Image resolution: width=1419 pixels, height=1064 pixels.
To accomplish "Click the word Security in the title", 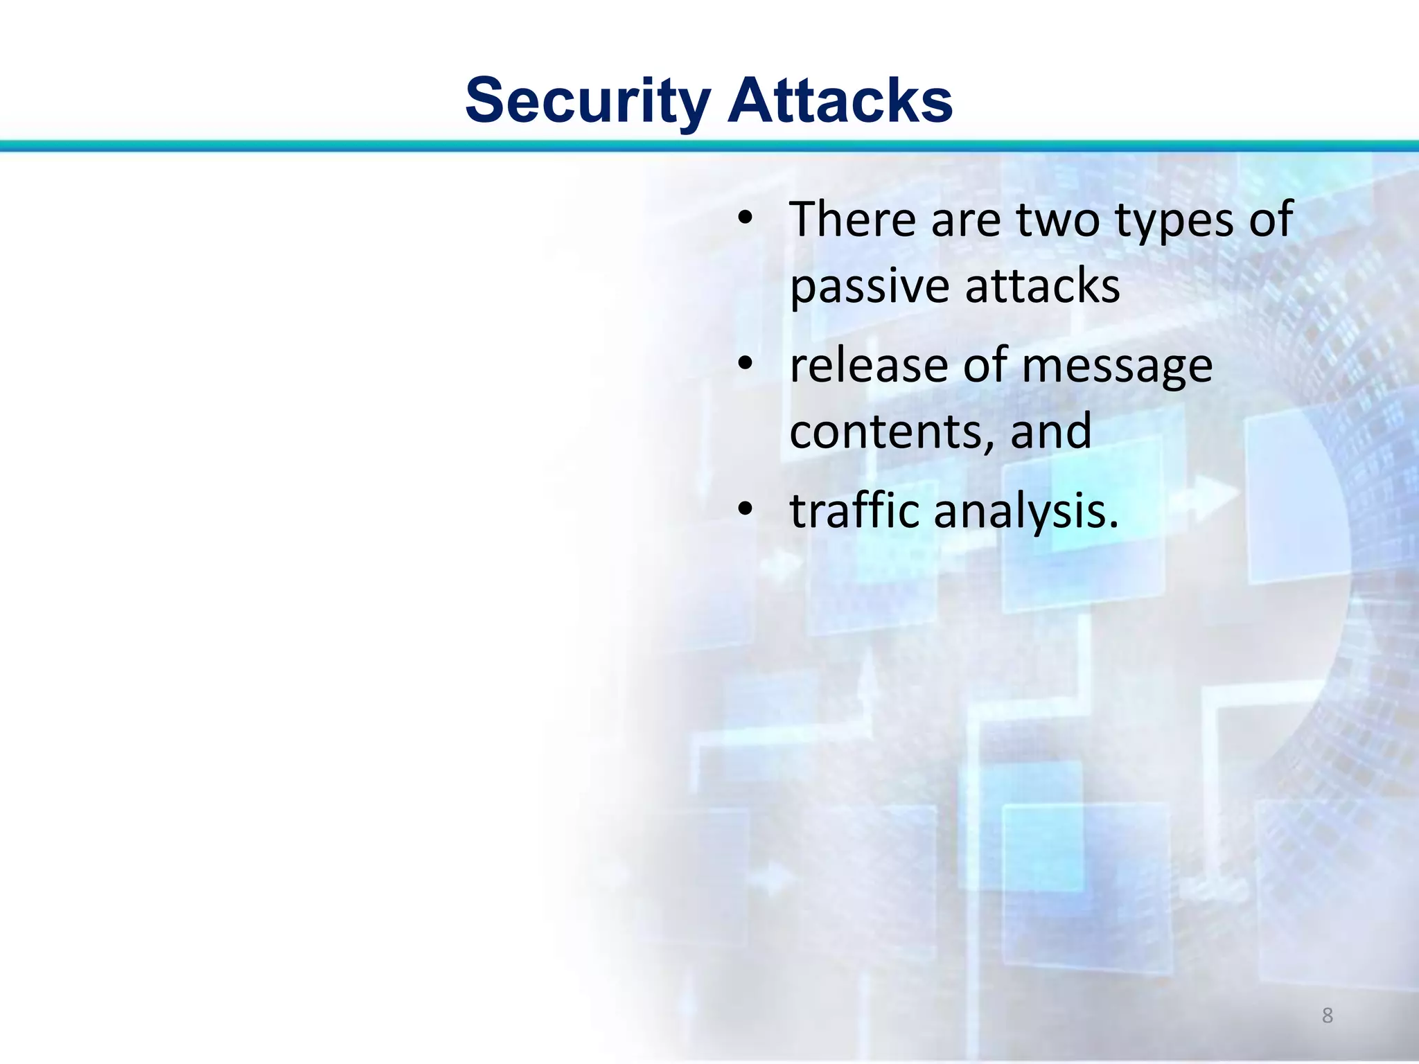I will point(588,101).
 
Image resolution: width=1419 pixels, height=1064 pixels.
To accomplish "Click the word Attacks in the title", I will point(840,101).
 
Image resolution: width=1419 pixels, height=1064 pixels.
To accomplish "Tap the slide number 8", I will point(1327,1016).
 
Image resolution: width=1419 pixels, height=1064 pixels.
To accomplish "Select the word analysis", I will point(1025,512).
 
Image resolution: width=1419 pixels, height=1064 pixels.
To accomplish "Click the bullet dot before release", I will point(744,364).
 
